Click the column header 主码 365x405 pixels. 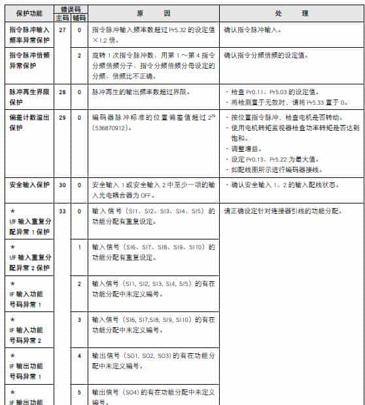(x=62, y=18)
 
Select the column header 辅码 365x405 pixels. (x=79, y=18)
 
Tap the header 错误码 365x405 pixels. (x=71, y=9)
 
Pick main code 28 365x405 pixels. (x=62, y=93)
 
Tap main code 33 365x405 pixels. (x=62, y=211)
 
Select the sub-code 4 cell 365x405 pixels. (x=79, y=356)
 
